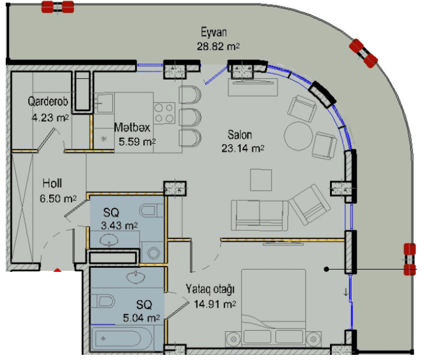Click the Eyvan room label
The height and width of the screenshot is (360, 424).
214,32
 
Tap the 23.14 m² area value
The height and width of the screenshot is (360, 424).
242,148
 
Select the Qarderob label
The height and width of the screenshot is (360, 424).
48,101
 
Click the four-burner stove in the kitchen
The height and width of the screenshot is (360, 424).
164,113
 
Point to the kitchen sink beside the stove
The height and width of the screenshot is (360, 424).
104,102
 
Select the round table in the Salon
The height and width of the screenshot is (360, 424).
299,136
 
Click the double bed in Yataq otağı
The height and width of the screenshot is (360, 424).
273,308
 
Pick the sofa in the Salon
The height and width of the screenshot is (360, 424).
260,215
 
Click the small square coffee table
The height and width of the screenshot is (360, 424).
261,180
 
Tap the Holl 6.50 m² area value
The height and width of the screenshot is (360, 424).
58,199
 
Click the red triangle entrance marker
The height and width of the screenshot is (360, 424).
57,270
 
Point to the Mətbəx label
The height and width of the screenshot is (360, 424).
132,127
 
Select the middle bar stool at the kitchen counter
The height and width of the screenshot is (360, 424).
190,118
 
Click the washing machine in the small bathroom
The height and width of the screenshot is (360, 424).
152,252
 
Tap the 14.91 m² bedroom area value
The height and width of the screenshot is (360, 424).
215,304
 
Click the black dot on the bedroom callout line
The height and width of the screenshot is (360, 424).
327,269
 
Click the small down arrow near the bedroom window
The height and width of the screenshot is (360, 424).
346,292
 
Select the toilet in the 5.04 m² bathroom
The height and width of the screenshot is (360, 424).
102,301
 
